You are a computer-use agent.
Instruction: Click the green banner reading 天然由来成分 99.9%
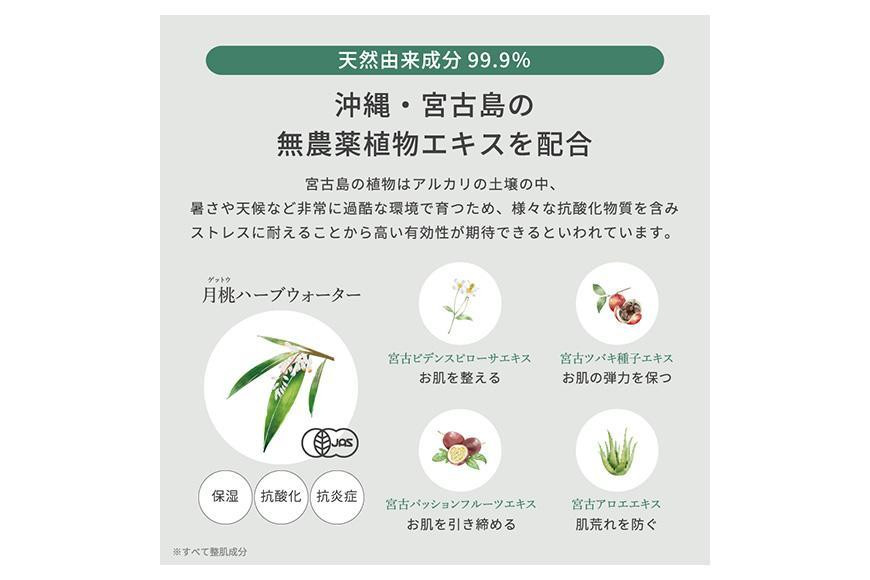[x=434, y=60]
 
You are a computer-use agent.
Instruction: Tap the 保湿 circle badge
[x=225, y=497]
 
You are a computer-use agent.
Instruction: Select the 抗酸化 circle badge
[x=281, y=497]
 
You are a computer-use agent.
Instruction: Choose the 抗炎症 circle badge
[x=336, y=497]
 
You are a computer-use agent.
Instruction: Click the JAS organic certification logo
[x=330, y=443]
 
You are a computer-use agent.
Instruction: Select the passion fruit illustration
[x=459, y=448]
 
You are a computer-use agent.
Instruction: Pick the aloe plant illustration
[x=617, y=452]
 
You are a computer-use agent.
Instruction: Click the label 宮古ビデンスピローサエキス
[x=459, y=358]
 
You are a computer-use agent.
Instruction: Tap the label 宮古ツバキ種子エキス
[x=616, y=358]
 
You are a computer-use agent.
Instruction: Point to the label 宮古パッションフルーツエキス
[x=461, y=504]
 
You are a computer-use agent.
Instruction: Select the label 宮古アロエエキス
[x=616, y=504]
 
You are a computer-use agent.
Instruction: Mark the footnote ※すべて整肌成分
[x=210, y=552]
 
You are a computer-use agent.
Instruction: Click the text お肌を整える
[x=459, y=378]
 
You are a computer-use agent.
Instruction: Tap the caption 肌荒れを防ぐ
[x=616, y=524]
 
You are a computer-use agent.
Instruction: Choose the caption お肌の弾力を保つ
[x=617, y=378]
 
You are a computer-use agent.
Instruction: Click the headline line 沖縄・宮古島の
[x=434, y=105]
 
